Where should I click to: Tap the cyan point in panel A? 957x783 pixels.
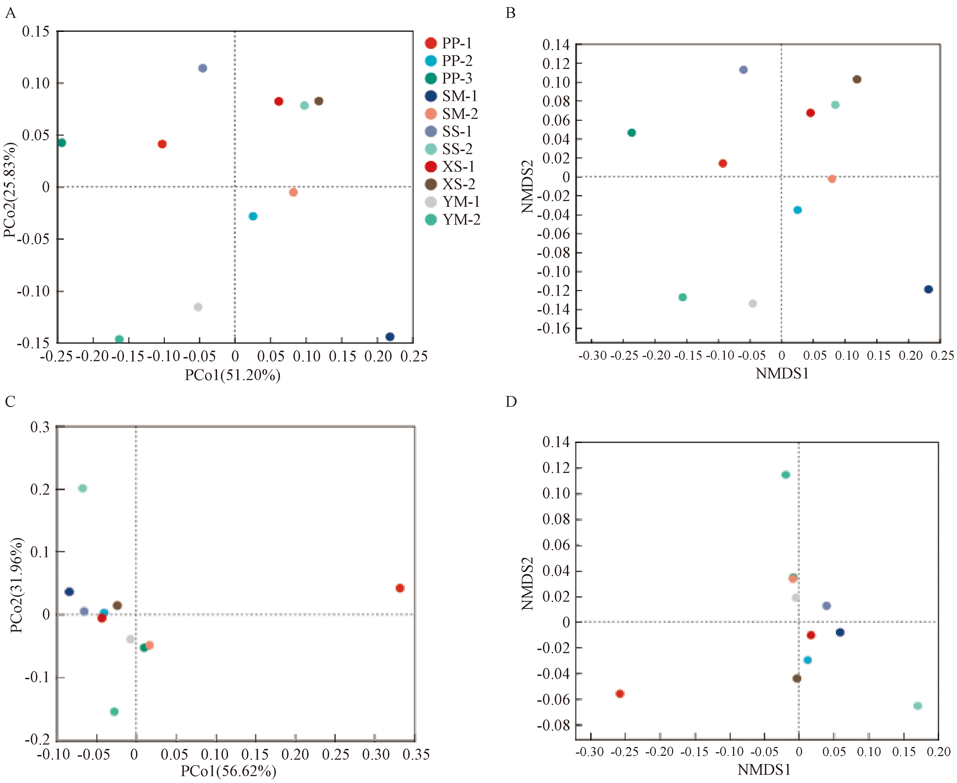point(253,216)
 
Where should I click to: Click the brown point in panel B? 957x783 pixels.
point(857,79)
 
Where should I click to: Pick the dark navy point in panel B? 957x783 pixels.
point(928,289)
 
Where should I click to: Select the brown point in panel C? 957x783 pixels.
point(117,605)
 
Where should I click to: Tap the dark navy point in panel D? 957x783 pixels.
point(840,632)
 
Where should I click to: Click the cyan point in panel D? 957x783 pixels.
point(808,660)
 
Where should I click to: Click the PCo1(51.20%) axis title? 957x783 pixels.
point(232,375)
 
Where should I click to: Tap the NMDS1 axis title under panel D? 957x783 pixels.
point(764,770)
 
